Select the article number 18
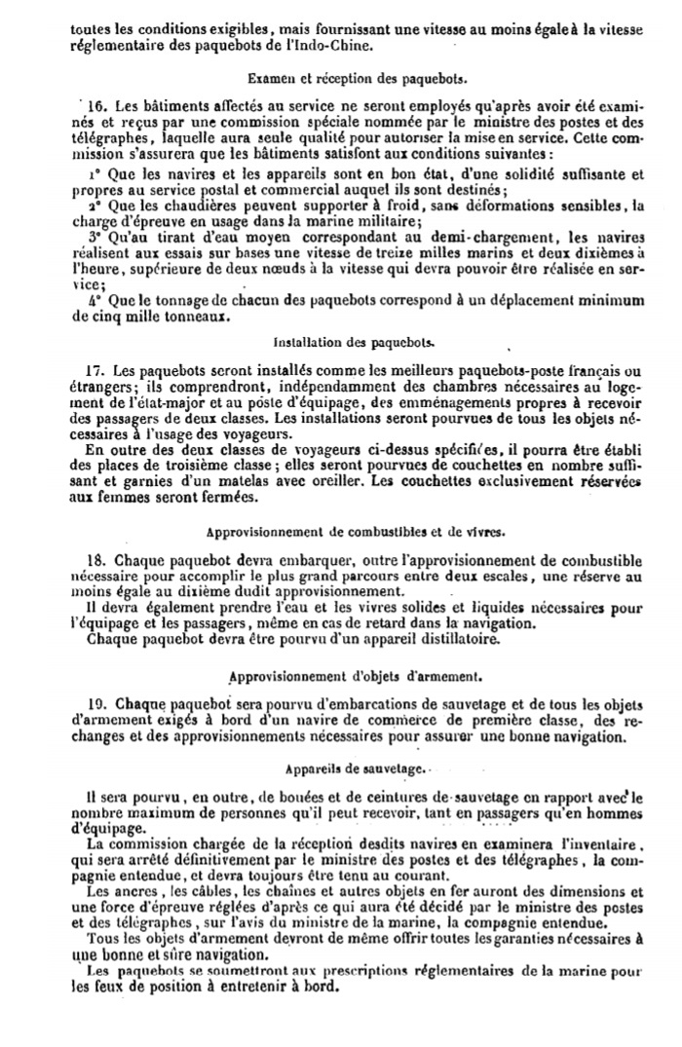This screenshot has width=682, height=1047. tap(95, 561)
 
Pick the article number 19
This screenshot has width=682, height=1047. tap(95, 703)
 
